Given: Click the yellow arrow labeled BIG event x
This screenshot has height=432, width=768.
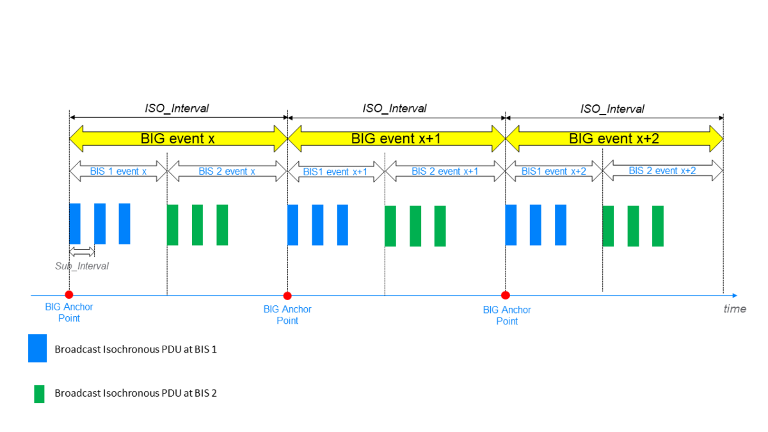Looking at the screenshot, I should [x=178, y=138].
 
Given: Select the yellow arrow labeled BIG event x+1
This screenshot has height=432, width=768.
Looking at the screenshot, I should [x=396, y=138].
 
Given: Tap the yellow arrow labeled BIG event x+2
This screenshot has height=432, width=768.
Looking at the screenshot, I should [x=614, y=138].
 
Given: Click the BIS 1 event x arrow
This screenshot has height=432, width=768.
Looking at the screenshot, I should [x=118, y=172].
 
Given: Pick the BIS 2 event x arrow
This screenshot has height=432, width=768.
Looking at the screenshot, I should [x=227, y=172].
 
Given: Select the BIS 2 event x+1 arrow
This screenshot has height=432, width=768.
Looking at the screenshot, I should [x=445, y=172].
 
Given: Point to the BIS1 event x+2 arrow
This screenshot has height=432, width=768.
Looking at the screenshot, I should [x=554, y=172].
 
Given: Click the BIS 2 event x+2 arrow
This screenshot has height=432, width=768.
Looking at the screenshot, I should [x=662, y=172].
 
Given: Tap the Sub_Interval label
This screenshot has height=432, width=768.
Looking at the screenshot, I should [x=82, y=266].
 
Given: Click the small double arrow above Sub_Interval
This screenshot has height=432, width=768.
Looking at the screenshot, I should [x=82, y=252].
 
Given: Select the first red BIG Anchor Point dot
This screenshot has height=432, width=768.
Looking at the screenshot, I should [x=69, y=294].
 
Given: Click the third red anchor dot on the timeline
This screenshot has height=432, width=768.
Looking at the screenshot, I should [x=505, y=295].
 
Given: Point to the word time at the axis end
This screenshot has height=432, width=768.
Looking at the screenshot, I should [x=734, y=309].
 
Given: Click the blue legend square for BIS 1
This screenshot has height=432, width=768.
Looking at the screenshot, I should [x=37, y=348].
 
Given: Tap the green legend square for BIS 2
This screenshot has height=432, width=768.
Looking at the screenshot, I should [x=39, y=394].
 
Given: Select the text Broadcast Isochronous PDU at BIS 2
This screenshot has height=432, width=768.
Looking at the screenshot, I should [x=136, y=393].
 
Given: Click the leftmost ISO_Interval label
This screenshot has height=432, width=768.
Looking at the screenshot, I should [x=177, y=108].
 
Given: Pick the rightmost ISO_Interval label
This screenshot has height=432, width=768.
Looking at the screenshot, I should [x=612, y=109].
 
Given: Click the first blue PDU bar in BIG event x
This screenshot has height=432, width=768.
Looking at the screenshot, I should [x=75, y=223].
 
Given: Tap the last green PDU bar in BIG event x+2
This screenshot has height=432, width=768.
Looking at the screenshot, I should [x=658, y=226].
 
